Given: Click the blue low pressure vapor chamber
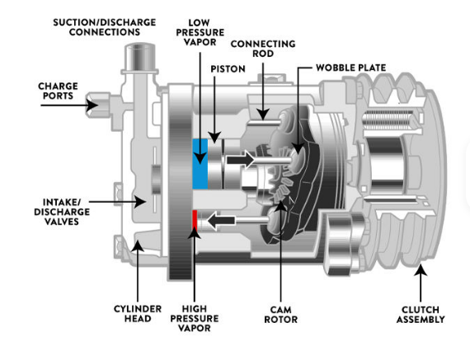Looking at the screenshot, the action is pos(200,164).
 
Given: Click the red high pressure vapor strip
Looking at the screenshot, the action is pos(195,221).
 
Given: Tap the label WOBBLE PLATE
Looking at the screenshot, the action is pos(350,68).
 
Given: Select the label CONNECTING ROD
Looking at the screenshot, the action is pos(263,49).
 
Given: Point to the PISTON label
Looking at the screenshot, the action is pos(228,69).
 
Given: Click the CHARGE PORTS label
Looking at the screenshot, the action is pos(58,91).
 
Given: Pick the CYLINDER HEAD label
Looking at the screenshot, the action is pos(138,314).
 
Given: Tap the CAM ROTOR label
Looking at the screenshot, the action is pos(281,315).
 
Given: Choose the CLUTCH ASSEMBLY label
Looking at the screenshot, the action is pos(421,315).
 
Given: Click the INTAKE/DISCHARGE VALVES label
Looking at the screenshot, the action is pos(62,212).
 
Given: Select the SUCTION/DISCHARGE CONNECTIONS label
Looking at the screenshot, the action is pos(105,27).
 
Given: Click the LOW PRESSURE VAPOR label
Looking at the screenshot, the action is pos(200,32).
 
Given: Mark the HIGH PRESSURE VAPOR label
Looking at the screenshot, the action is pos(195,318).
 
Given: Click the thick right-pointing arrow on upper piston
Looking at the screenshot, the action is pos(241,160).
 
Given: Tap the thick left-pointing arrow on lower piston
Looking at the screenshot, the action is pos(221,221).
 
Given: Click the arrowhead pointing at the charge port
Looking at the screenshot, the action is pos(92,105).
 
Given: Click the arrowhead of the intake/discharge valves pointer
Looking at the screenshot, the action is pos(139,202).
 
